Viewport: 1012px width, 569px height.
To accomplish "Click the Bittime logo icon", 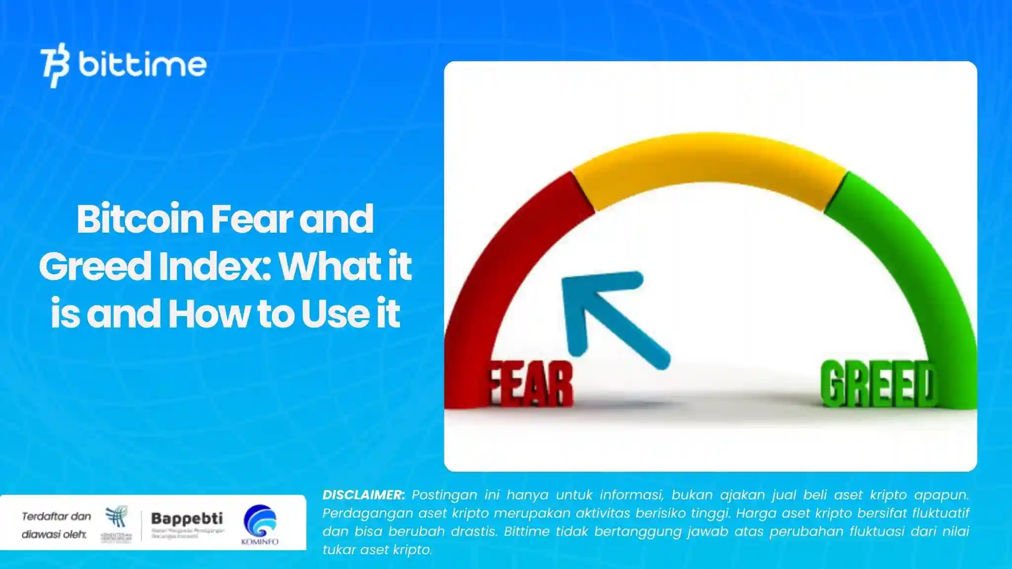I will (54, 65).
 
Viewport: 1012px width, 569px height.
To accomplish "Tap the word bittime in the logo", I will (142, 65).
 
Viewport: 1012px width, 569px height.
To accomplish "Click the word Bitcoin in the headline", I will (140, 219).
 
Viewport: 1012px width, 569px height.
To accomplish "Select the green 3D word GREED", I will (878, 384).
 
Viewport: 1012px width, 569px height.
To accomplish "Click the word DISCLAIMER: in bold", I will (364, 495).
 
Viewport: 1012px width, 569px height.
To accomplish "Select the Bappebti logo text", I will (187, 519).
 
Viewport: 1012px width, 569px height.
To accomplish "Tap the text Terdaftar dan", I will (56, 517).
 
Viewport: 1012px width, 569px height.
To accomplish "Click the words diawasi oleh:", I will (54, 534).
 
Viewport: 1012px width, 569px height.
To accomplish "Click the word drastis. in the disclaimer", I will (467, 531).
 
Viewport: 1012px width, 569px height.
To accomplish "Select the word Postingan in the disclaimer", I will (444, 495).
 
